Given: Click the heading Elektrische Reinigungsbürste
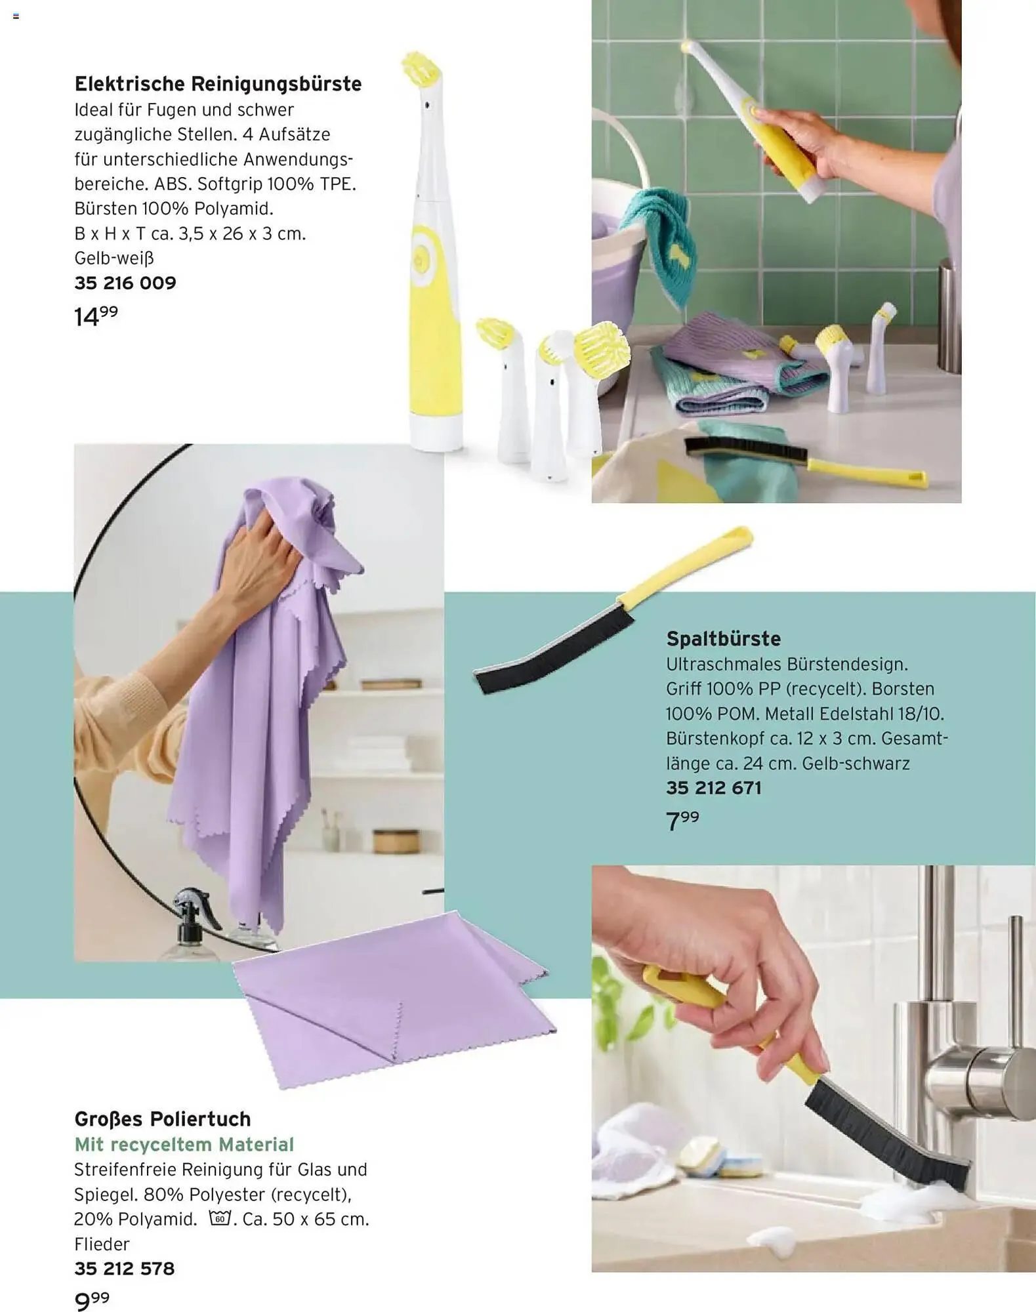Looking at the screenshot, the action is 218,85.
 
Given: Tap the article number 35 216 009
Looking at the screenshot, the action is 125,283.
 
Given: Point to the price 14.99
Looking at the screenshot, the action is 96,316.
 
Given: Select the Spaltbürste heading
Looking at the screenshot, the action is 723,639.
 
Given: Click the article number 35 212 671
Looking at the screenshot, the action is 714,788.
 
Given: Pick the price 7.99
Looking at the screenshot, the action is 682,821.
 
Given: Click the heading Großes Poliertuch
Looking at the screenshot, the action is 163,1118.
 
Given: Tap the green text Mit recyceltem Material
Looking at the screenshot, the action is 184,1145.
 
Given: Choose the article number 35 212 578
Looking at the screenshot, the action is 125,1269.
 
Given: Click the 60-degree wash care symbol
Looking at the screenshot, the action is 220,1218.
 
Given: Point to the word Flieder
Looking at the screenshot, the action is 102,1244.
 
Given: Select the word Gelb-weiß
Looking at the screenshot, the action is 114,258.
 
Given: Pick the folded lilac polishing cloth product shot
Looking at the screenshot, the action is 394,997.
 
